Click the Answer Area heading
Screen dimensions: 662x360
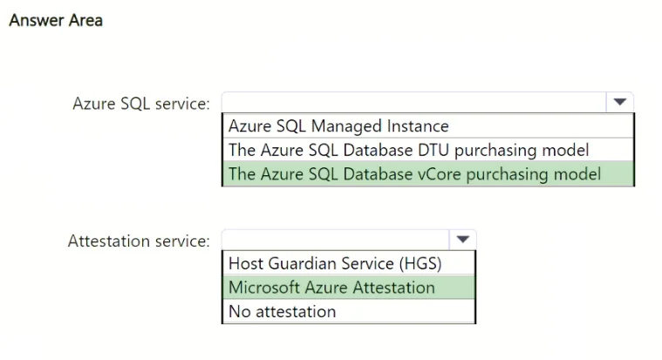tap(56, 20)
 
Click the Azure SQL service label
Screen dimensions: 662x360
tap(141, 104)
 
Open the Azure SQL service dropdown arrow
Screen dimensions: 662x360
tap(619, 102)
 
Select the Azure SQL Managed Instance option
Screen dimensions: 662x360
tap(338, 126)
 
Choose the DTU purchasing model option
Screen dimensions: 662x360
tap(409, 150)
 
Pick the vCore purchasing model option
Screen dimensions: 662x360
tap(414, 173)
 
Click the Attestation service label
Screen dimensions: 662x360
tap(139, 241)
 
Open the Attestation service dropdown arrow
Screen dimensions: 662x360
tap(463, 240)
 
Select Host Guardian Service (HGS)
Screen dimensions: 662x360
tap(335, 263)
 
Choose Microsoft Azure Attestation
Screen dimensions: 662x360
tap(331, 288)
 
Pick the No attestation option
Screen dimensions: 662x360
tap(282, 311)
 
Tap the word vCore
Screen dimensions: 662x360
tap(439, 173)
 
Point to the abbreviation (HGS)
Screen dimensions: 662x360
tap(420, 264)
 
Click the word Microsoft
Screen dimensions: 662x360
tap(264, 288)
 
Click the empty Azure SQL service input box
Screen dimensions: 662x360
tap(414, 102)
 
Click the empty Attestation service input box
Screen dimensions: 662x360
tap(336, 240)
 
